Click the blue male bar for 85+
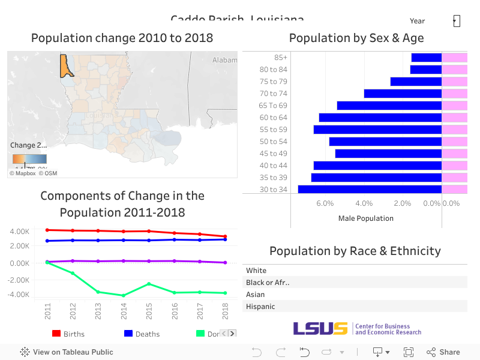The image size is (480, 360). pyautogui.click(x=426, y=58)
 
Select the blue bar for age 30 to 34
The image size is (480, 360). pyautogui.click(x=370, y=190)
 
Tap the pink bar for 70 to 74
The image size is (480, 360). pyautogui.click(x=454, y=94)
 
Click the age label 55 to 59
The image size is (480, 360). pyautogui.click(x=273, y=130)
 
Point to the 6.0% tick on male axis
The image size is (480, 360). pyautogui.click(x=325, y=203)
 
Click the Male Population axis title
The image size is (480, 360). pyautogui.click(x=365, y=218)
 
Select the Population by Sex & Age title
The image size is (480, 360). pyautogui.click(x=356, y=38)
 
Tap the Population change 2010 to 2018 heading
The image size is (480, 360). pyautogui.click(x=122, y=38)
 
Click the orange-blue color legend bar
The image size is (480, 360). pyautogui.click(x=29, y=159)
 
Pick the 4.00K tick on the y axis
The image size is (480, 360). pyautogui.click(x=20, y=232)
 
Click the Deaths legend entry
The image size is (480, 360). pyautogui.click(x=142, y=334)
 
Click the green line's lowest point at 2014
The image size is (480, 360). pyautogui.click(x=124, y=295)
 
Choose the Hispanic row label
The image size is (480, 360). pyautogui.click(x=260, y=307)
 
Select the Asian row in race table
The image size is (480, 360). pyautogui.click(x=256, y=295)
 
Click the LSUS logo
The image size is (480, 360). pyautogui.click(x=320, y=328)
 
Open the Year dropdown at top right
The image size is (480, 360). pyautogui.click(x=456, y=21)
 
